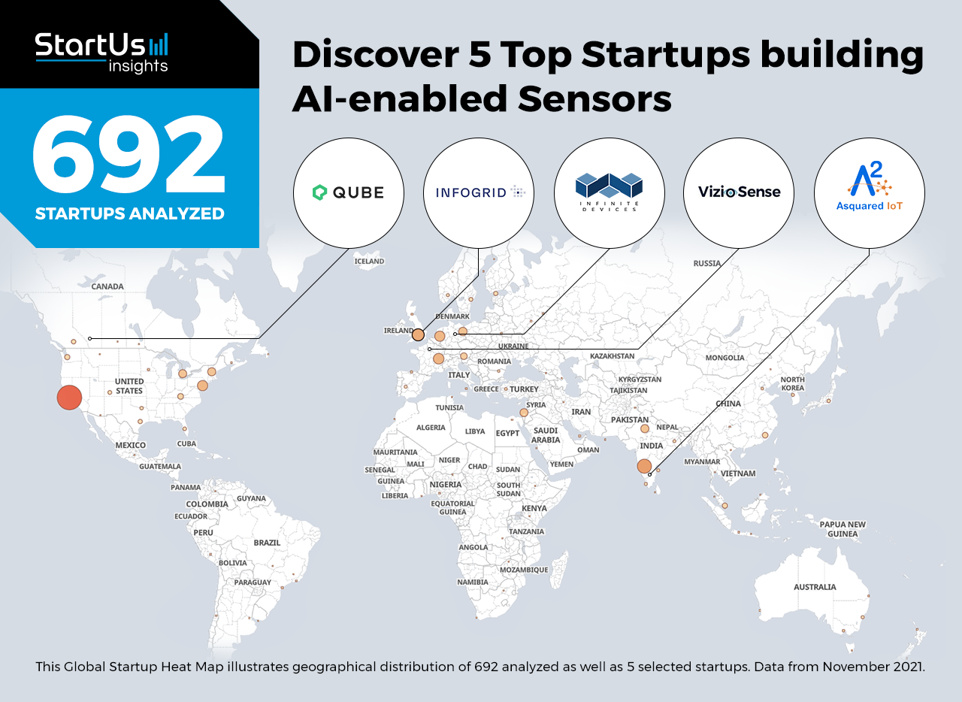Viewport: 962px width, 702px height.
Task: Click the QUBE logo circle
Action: click(348, 193)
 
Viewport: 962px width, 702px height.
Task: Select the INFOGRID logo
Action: click(479, 193)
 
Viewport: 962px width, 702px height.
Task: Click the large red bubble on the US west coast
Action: click(69, 398)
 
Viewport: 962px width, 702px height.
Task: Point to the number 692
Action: click(129, 154)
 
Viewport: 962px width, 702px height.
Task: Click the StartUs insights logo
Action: click(101, 53)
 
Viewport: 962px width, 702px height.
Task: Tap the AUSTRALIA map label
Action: click(815, 587)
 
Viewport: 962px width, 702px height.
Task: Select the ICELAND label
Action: click(369, 262)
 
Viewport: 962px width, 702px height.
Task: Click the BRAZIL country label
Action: click(267, 543)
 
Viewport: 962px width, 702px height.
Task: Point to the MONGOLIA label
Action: click(725, 358)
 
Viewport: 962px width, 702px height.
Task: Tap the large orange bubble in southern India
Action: click(644, 466)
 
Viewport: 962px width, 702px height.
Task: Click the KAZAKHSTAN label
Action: click(612, 356)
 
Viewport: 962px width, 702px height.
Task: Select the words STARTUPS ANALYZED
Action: click(130, 213)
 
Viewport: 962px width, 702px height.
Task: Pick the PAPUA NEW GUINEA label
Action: click(843, 529)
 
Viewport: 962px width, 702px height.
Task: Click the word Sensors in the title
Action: click(594, 98)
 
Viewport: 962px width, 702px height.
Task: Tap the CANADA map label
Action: click(107, 286)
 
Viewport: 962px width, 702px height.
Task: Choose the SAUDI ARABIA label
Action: click(546, 434)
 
